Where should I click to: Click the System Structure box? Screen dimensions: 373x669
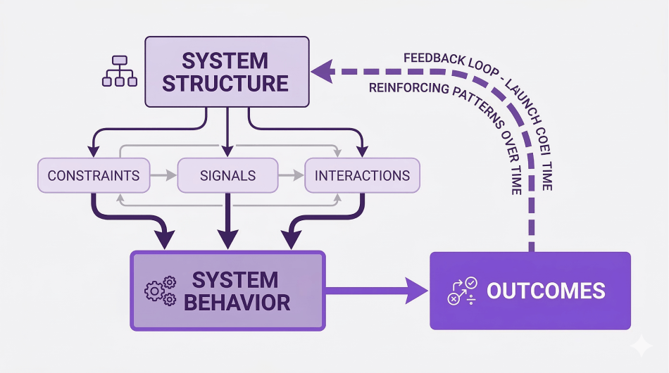click(x=226, y=71)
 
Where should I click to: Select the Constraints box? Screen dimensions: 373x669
click(x=93, y=175)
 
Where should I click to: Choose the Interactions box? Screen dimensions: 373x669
click(x=362, y=175)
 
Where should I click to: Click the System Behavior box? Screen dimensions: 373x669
click(x=227, y=291)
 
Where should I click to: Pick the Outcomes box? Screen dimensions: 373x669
click(x=530, y=291)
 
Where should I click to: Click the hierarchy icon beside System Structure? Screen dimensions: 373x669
click(x=119, y=71)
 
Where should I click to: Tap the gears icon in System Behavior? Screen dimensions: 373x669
click(x=159, y=291)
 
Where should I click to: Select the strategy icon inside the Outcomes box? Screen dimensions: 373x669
click(x=462, y=291)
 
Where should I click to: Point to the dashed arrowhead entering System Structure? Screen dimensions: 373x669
click(x=322, y=70)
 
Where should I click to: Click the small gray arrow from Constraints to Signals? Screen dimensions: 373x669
click(x=163, y=175)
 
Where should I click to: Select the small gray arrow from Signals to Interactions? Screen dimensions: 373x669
click(x=291, y=175)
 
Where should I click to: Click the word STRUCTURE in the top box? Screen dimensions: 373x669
click(x=226, y=83)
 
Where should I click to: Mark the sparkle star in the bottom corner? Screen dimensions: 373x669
click(x=642, y=346)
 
